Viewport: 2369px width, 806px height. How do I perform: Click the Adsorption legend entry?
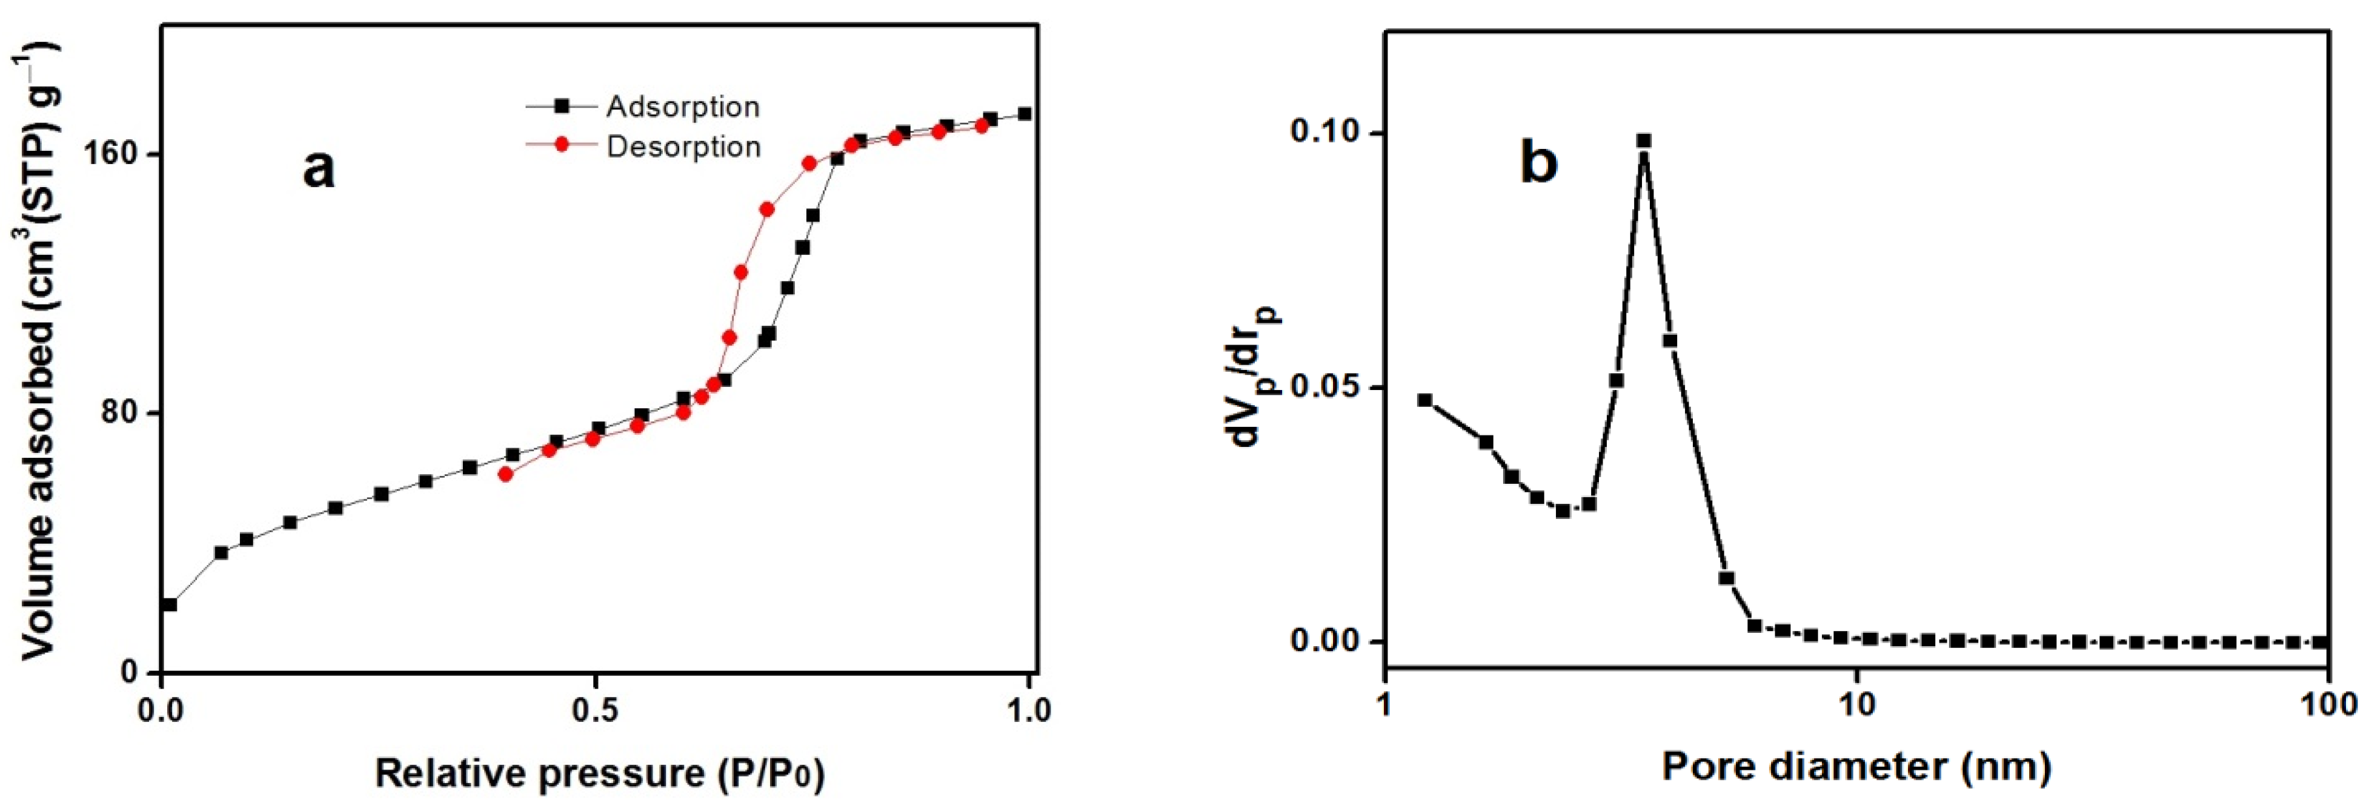(682, 108)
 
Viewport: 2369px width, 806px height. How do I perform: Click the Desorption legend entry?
(682, 147)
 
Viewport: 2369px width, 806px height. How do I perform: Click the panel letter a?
(319, 169)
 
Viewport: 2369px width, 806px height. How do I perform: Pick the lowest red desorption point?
(505, 474)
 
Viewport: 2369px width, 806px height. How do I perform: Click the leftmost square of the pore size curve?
(1424, 400)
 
